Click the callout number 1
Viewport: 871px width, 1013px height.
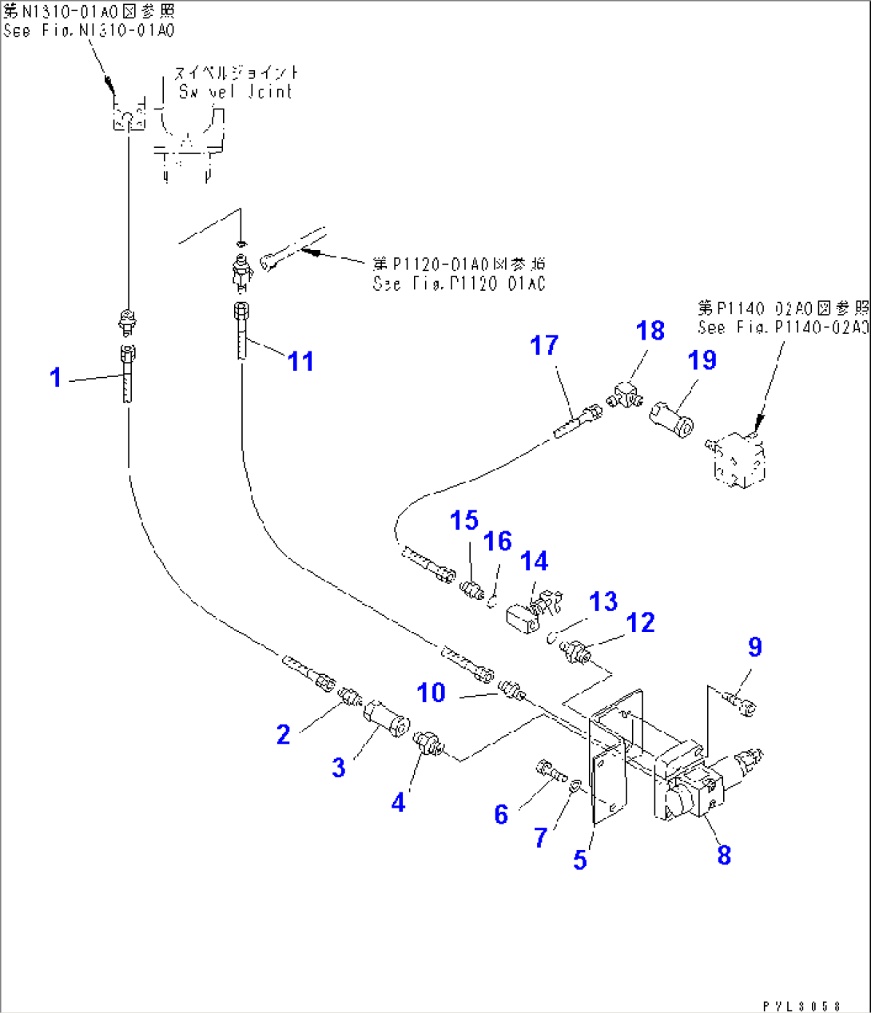tap(55, 377)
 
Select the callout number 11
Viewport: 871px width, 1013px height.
tap(300, 362)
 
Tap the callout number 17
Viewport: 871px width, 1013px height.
tap(544, 346)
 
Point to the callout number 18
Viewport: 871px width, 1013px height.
tap(650, 331)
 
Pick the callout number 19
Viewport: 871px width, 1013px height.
tap(702, 360)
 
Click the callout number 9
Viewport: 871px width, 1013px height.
tap(755, 647)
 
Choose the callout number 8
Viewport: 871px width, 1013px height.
tap(724, 855)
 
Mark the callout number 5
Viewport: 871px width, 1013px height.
tap(580, 860)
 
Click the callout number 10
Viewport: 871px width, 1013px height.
tap(432, 693)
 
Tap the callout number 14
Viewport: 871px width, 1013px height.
tap(535, 562)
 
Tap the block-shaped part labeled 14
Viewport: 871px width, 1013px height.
tap(524, 620)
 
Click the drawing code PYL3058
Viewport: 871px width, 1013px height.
tap(801, 1006)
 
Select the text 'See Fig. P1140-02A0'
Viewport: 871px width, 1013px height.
tap(782, 328)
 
